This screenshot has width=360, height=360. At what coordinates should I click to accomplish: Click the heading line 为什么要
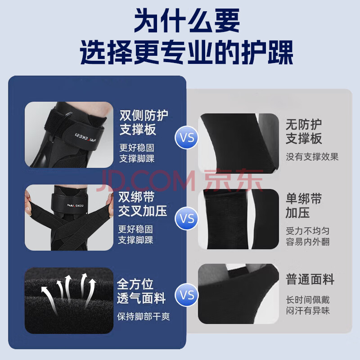187,20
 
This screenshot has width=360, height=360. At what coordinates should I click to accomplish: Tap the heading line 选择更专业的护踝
186,52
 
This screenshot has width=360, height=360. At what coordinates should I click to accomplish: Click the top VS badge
186,137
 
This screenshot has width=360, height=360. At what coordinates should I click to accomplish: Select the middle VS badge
186,218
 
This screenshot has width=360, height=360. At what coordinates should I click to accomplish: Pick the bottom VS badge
186,295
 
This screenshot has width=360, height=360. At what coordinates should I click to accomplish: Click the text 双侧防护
144,116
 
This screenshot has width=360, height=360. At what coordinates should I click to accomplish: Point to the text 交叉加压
142,211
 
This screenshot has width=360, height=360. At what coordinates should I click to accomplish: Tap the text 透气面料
141,298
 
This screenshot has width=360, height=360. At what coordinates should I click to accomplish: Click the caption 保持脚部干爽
143,316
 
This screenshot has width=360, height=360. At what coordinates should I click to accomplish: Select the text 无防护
303,125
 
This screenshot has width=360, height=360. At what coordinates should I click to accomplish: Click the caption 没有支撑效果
312,157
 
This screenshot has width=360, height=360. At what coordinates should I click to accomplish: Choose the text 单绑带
303,198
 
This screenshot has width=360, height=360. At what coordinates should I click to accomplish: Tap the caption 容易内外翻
308,242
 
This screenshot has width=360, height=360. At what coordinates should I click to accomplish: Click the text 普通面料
310,279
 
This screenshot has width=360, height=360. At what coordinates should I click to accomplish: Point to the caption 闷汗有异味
308,310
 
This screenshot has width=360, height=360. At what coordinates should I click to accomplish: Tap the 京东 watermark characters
233,180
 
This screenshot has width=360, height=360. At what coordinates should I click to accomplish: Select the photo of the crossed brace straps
69,217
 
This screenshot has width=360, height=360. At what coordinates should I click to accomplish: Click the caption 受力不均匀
308,231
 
